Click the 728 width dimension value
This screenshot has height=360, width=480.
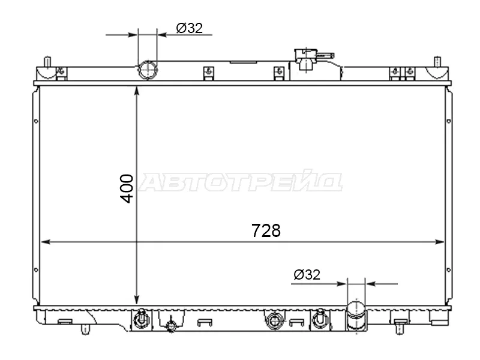[266, 230]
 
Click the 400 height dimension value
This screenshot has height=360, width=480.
[127, 188]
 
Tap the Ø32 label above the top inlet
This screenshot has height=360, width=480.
[190, 28]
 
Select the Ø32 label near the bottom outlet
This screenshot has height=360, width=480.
[307, 275]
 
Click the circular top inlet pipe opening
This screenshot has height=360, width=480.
[148, 70]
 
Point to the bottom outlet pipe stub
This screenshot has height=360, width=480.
[356, 316]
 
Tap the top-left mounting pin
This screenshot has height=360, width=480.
[47, 62]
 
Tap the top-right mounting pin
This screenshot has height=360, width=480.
[437, 62]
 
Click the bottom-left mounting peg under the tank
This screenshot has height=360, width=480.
[85, 329]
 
